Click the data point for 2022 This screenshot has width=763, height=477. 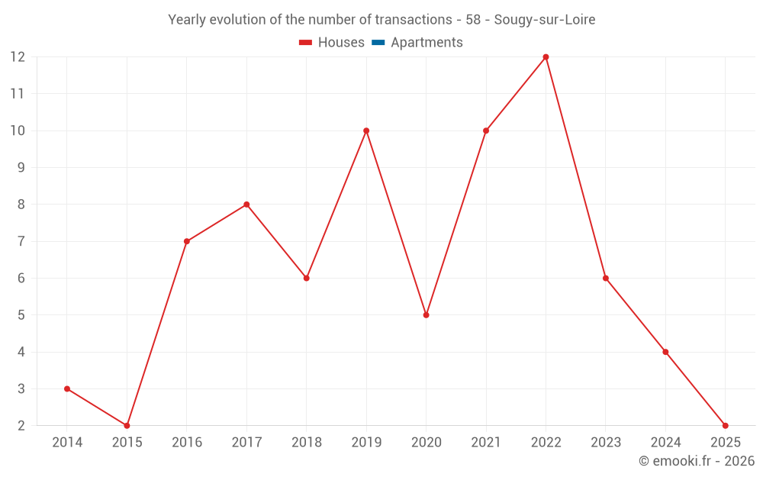pos(546,57)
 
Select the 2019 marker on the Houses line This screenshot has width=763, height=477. pos(366,131)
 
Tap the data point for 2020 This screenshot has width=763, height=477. pos(426,315)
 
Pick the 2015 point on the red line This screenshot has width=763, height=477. pos(127,425)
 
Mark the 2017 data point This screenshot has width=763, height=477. pos(246,205)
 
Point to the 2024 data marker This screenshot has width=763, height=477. pos(665,352)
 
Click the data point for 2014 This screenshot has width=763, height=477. pos(67,388)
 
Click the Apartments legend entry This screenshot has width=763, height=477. pos(427,43)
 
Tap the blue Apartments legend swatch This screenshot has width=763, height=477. pos(378,43)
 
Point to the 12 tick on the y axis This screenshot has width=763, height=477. pos(18,57)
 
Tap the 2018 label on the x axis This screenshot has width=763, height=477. pos(306,443)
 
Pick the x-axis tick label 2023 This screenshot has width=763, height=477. pos(606,443)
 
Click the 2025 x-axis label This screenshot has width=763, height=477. pos(725,443)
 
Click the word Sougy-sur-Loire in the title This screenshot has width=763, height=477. pos(545,20)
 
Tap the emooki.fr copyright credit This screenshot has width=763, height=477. pos(697,461)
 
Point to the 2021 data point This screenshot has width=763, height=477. pos(486,131)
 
